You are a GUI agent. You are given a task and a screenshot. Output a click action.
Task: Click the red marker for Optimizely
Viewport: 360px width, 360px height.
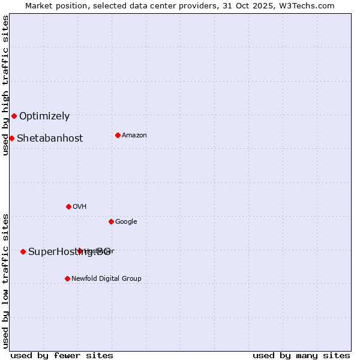pyautogui.click(x=14, y=116)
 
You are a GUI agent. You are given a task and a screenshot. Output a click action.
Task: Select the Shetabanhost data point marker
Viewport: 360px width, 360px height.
pyautogui.click(x=11, y=138)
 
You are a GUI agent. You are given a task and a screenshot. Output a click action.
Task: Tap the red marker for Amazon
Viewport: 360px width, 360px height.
pyautogui.click(x=118, y=135)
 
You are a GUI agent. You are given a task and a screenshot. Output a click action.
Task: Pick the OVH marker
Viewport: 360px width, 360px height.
pyautogui.click(x=68, y=206)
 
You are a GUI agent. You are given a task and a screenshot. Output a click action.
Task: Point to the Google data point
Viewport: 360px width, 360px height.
pyautogui.click(x=111, y=221)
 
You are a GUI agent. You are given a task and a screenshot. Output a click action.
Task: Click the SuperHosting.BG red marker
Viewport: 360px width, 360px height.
pyautogui.click(x=23, y=251)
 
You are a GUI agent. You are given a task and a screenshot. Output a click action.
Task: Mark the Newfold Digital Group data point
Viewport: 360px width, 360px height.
pyautogui.click(x=67, y=278)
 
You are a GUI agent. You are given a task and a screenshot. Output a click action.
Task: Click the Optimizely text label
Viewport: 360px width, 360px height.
pyautogui.click(x=44, y=116)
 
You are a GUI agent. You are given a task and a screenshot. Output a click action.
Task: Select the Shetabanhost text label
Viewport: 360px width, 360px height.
pyautogui.click(x=50, y=139)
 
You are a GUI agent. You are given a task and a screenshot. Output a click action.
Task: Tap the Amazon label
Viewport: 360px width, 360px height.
pyautogui.click(x=134, y=136)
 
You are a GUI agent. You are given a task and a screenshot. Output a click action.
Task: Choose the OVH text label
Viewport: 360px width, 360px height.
pyautogui.click(x=80, y=207)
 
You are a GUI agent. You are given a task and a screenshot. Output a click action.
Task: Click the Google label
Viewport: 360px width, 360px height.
pyautogui.click(x=126, y=222)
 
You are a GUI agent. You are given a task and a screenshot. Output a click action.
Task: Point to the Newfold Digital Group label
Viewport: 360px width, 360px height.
pyautogui.click(x=106, y=279)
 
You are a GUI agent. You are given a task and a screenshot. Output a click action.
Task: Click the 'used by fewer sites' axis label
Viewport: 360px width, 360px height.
pyautogui.click(x=62, y=356)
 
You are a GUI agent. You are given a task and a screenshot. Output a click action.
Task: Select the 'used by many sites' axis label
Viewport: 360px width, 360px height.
pyautogui.click(x=301, y=356)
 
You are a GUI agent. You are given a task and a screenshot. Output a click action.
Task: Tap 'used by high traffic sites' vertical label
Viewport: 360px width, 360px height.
pyautogui.click(x=5, y=85)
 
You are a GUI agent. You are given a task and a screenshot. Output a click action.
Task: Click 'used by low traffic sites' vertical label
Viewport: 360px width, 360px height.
pyautogui.click(x=5, y=281)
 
